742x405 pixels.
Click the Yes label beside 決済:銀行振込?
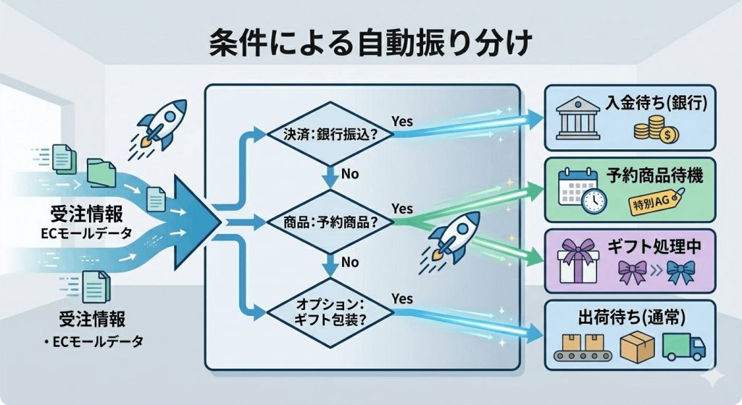[x=402, y=121]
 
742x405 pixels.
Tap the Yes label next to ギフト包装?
[x=402, y=298]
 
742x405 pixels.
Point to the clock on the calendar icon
[x=593, y=201]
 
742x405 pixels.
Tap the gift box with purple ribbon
[x=578, y=261]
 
